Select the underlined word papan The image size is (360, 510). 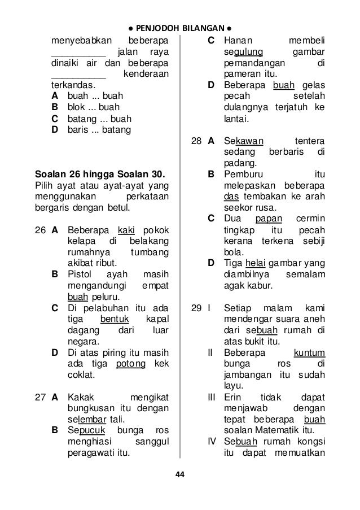click(x=264, y=219)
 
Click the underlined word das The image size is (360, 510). click(x=230, y=197)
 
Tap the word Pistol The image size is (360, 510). click(x=80, y=274)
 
